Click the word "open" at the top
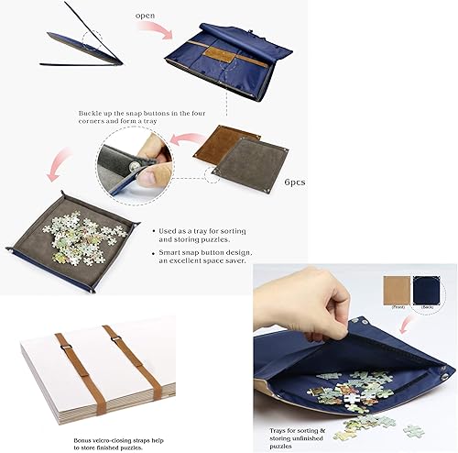[x=145, y=17]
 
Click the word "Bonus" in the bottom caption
[x=85, y=415]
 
